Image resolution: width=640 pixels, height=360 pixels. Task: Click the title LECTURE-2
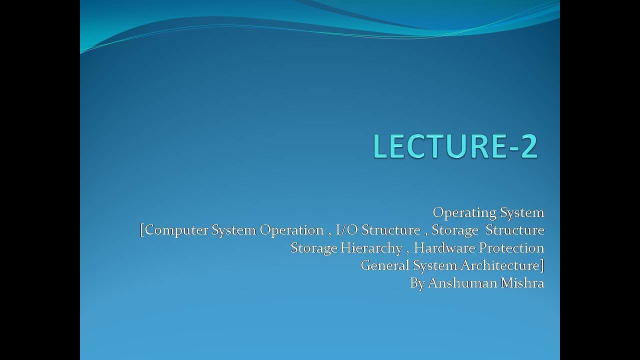(455, 146)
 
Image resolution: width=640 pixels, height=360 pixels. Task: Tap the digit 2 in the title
(529, 146)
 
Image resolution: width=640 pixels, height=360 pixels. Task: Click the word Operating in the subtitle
(465, 213)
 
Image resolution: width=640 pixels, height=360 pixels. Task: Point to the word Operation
(291, 231)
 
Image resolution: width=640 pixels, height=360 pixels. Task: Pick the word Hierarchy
(371, 248)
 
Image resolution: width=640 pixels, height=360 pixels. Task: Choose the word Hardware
(444, 248)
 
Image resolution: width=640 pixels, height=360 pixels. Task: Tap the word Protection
(511, 248)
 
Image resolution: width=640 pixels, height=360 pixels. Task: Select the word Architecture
(500, 265)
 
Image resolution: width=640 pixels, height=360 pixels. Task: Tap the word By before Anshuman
(417, 284)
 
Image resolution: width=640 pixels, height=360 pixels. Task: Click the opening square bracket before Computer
(142, 231)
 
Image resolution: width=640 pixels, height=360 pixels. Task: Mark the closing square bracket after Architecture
(542, 266)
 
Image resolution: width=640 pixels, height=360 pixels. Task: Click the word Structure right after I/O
(391, 230)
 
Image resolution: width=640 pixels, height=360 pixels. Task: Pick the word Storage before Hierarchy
(314, 248)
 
